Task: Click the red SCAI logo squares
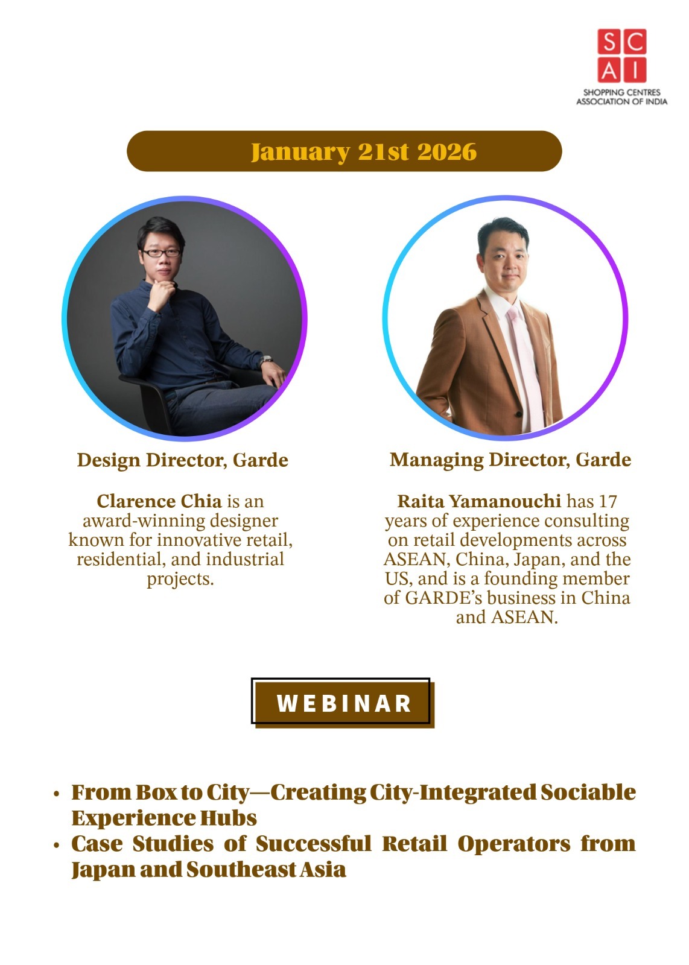pos(621,55)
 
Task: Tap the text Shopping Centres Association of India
pos(622,97)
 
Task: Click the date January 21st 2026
pos(364,151)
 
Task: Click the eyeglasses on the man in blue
pos(160,253)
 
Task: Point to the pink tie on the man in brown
pos(524,366)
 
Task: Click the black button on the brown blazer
pos(519,414)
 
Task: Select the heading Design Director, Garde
pos(183,460)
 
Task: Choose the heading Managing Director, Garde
pos(510,460)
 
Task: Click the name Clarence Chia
pos(159,501)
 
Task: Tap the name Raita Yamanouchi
pos(478,501)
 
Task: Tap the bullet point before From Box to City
pos(56,794)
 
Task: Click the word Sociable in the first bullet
pos(588,792)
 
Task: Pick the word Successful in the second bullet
pos(313,844)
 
